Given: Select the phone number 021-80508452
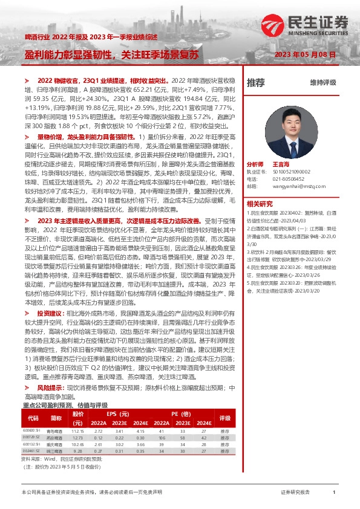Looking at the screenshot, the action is [x=286, y=178].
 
